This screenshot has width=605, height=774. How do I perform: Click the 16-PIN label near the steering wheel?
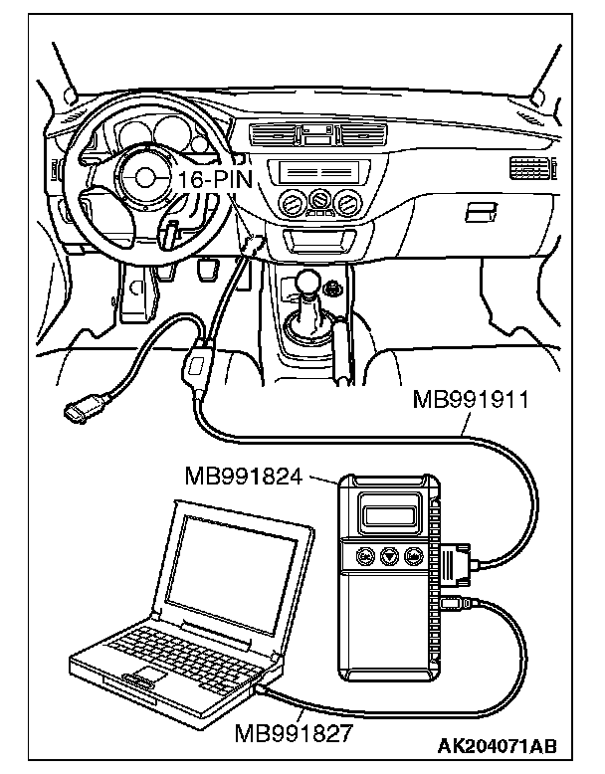point(216,179)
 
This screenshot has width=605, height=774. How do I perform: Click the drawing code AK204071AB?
point(496,745)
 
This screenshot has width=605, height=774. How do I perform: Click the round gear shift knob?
point(311,281)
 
